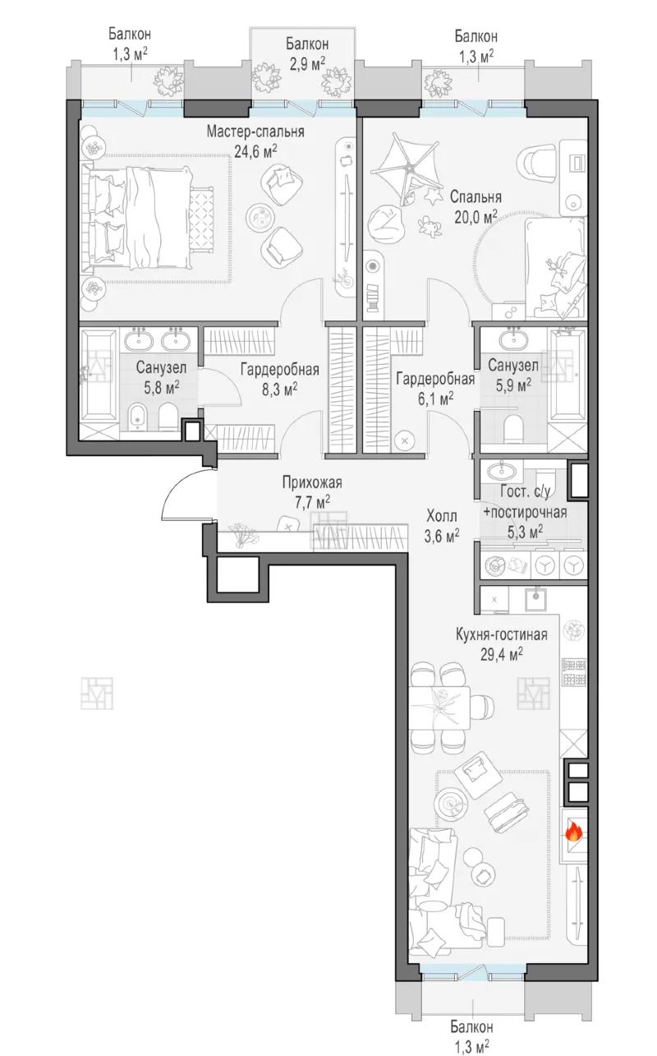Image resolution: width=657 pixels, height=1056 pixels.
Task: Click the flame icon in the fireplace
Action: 573,832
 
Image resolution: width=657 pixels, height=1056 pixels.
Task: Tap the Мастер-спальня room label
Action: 255,131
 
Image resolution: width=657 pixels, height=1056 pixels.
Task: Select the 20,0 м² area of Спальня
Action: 476,216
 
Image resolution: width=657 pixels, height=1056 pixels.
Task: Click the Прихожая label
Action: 312,482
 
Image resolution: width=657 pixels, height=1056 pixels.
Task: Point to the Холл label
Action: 442,516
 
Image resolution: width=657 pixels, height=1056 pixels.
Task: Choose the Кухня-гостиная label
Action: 502,634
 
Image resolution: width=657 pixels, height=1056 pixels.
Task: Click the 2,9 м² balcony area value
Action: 307,63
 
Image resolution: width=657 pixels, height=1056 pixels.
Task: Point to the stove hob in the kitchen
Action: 574,672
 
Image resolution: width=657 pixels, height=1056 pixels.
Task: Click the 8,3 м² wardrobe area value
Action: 279,389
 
